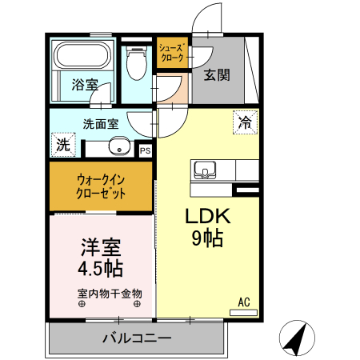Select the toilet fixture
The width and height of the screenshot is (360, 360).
[136, 62]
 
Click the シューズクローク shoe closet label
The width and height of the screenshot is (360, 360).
[172, 54]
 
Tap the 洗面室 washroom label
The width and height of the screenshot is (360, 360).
[101, 123]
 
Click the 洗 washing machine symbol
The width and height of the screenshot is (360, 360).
[62, 145]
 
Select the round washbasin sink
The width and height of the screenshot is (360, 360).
[119, 146]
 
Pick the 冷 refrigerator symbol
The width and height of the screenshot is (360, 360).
[244, 123]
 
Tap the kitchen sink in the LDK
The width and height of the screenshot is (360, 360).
[203, 170]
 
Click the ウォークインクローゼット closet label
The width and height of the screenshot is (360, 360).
[101, 186]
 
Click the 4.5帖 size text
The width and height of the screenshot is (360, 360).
[100, 268]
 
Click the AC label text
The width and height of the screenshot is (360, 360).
[244, 302]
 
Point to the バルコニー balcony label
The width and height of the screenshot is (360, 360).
[137, 338]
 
